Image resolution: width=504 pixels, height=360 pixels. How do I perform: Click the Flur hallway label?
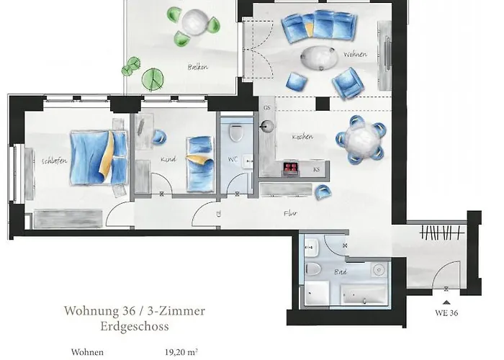point(290,212)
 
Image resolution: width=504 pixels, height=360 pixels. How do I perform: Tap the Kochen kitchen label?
point(302,137)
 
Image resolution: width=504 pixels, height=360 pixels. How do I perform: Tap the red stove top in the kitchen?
point(291,169)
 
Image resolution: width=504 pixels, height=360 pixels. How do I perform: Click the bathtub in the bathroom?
point(364,295)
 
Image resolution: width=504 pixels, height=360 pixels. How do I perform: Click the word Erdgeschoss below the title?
point(135,326)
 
